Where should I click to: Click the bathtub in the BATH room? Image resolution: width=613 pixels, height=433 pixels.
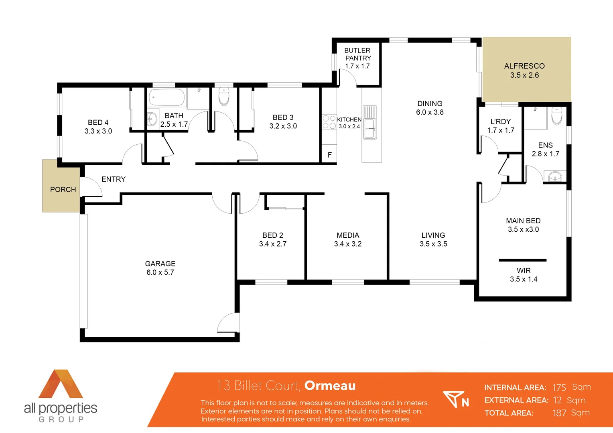166,97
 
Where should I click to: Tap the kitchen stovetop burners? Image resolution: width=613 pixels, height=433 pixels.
329,122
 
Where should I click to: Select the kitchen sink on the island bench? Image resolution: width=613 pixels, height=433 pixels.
369,129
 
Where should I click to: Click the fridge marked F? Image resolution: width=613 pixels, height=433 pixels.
329,155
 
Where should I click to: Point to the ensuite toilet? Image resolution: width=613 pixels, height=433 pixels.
557,115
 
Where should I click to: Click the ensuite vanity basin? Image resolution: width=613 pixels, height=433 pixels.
555,176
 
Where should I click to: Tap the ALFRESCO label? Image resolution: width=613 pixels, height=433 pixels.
524,66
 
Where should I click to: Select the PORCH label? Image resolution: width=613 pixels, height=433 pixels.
63,190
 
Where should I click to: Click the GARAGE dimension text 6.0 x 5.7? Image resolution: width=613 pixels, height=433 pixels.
160,273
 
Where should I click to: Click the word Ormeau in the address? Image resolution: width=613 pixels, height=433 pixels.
330,386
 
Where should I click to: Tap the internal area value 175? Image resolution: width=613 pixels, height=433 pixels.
559,388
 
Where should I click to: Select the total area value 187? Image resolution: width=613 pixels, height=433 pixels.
559,413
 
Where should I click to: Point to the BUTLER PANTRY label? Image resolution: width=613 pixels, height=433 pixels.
357,54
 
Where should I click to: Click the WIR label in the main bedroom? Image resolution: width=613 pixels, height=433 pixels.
524,271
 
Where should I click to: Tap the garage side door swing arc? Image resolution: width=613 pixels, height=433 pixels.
227,323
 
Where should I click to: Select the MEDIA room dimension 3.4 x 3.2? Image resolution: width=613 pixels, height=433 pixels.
348,244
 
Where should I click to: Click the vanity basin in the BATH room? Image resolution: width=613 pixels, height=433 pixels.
152,119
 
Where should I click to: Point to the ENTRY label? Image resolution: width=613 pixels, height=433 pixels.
114,179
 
